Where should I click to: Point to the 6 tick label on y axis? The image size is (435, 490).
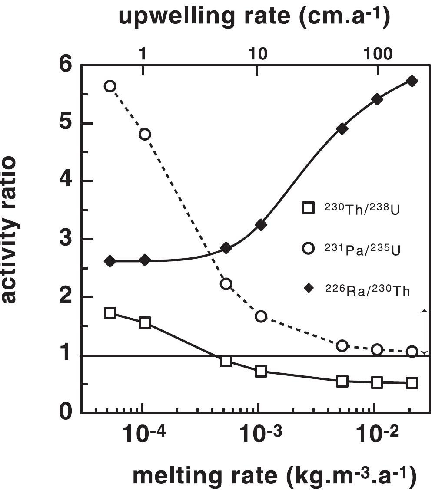click(x=66, y=65)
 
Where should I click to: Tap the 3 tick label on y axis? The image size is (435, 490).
click(x=66, y=239)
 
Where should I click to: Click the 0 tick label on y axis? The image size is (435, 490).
click(x=66, y=412)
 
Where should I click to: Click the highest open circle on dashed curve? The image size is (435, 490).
click(x=110, y=86)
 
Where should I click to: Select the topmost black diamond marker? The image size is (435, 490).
click(x=412, y=81)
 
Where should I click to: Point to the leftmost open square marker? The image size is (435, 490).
click(x=110, y=313)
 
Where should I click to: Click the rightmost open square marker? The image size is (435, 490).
click(x=412, y=383)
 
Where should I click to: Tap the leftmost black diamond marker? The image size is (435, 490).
click(x=110, y=261)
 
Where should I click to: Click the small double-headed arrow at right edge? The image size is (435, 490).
click(x=425, y=332)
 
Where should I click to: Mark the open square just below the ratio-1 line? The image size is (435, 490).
click(x=226, y=361)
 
